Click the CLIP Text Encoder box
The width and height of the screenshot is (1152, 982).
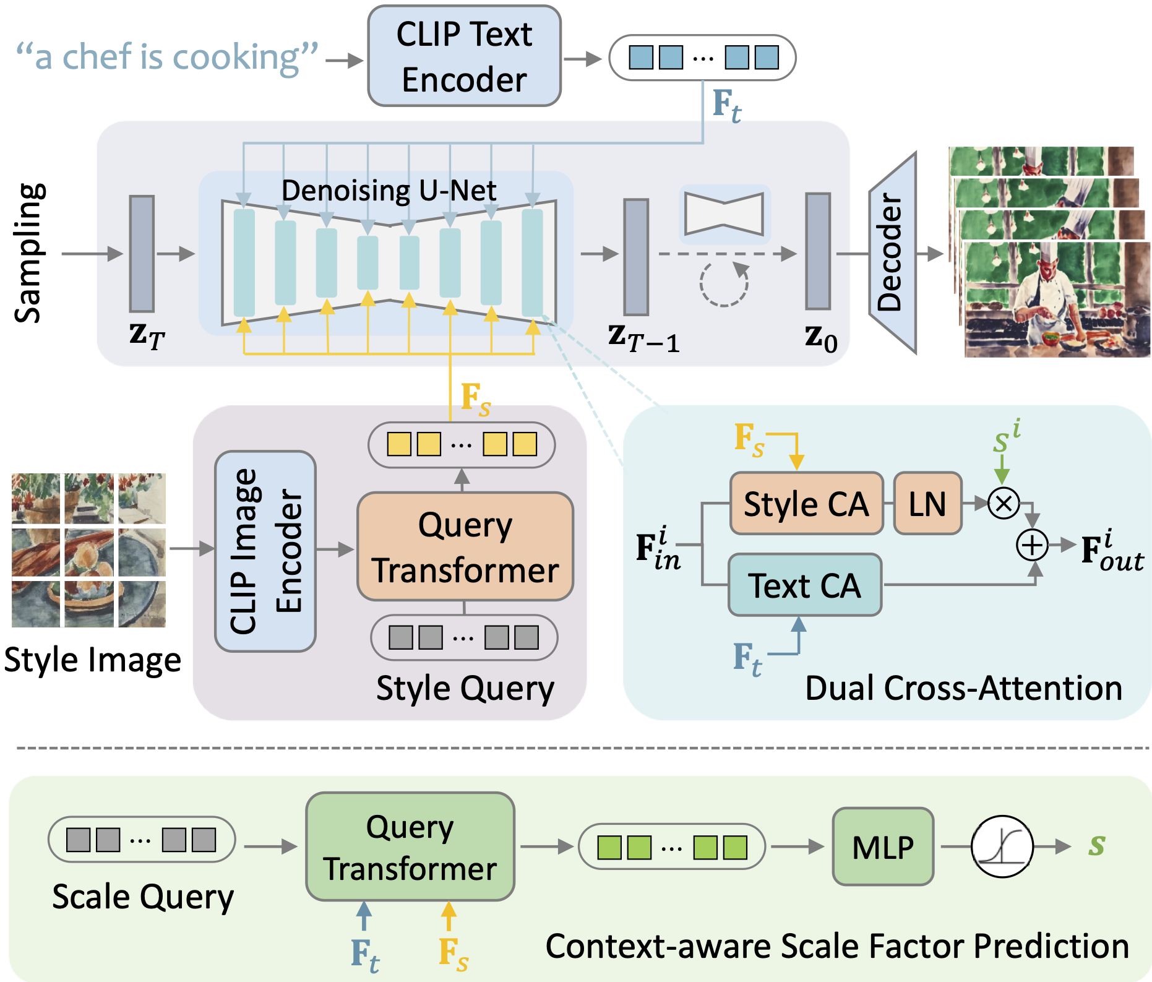[464, 56]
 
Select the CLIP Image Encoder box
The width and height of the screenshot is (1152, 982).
[265, 551]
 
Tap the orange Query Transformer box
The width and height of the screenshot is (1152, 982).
[465, 547]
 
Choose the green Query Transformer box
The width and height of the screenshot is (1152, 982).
[410, 846]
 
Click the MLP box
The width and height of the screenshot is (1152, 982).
[883, 846]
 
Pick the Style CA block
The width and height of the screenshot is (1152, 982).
[806, 504]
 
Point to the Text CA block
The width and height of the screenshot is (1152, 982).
[805, 585]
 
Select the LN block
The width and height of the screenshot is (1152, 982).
[927, 504]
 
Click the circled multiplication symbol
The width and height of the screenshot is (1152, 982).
[1003, 503]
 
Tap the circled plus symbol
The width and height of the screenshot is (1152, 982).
[1032, 545]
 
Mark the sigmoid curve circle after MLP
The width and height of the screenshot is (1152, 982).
[1002, 846]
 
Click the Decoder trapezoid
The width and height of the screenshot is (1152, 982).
[892, 252]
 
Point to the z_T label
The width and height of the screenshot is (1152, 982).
[147, 335]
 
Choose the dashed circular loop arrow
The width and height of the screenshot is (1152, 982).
[724, 283]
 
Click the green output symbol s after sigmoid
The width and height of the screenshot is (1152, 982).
[1097, 845]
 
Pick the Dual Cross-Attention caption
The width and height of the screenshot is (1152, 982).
[963, 688]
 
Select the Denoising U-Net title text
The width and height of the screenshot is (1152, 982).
[389, 191]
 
